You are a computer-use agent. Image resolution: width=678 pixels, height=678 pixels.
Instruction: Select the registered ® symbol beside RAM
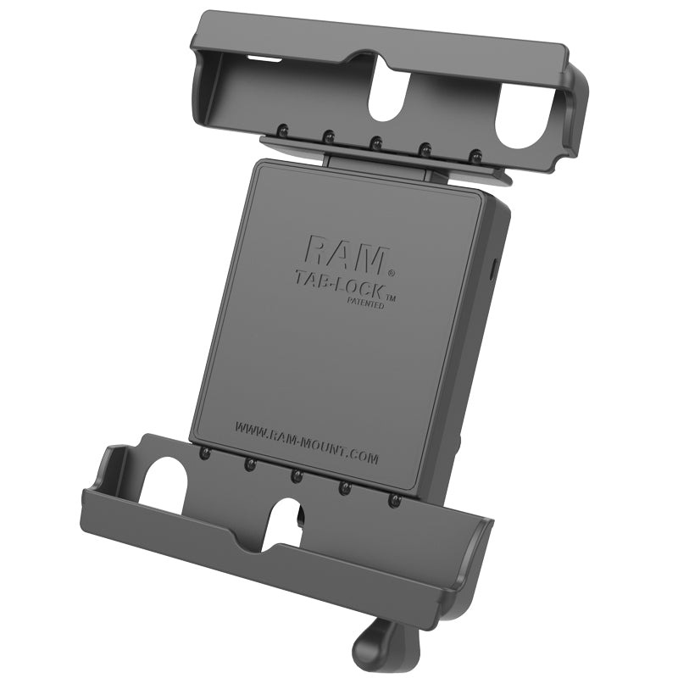tap(391, 274)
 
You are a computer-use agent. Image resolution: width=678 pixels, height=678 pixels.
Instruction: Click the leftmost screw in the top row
tap(277, 131)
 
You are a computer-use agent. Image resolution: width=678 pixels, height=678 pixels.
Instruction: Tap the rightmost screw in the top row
tap(476, 155)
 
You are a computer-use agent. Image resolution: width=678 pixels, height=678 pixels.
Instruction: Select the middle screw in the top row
tap(375, 142)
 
